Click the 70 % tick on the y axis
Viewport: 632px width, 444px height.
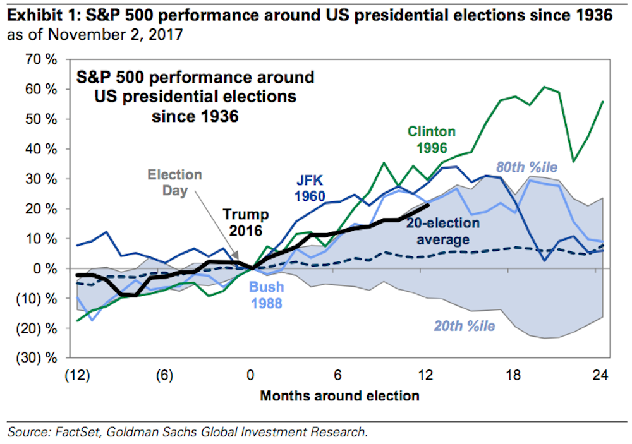tap(40, 59)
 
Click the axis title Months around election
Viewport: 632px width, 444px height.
tap(339, 396)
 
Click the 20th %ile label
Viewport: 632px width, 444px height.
tap(463, 327)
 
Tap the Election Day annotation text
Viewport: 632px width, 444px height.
tap(175, 182)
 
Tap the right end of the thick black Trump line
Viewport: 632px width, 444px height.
tap(428, 205)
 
